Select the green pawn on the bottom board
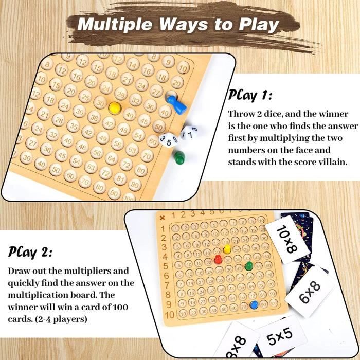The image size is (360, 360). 249,266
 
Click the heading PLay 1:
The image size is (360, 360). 249,95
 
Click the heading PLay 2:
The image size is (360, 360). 30,252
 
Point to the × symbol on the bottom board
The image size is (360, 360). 163,217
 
